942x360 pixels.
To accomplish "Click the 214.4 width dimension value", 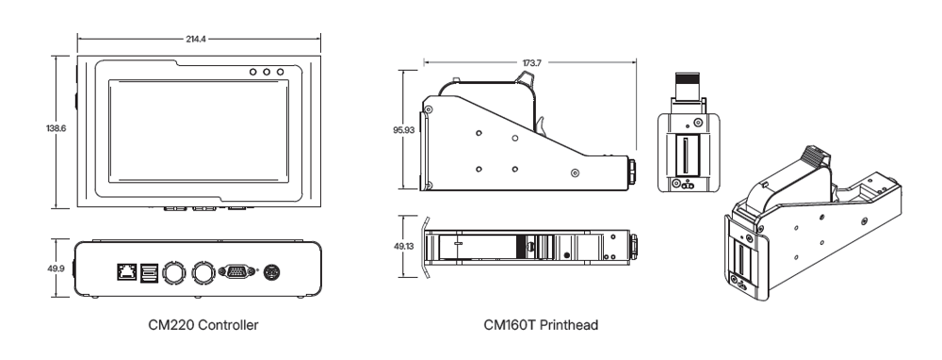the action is click(196, 39).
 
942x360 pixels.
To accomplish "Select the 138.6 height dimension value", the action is click(57, 128).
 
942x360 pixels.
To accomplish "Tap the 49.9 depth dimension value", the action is click(56, 269).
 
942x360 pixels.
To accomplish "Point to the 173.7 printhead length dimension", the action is click(530, 62).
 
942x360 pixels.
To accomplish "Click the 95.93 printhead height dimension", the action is click(403, 130).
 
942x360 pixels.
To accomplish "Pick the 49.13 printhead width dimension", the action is click(403, 246).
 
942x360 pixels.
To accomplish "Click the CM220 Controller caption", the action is click(203, 325).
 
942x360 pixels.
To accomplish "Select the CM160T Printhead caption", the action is click(541, 325).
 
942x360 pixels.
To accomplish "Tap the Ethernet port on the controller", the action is click(127, 272).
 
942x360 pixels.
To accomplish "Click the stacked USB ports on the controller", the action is click(148, 273).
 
